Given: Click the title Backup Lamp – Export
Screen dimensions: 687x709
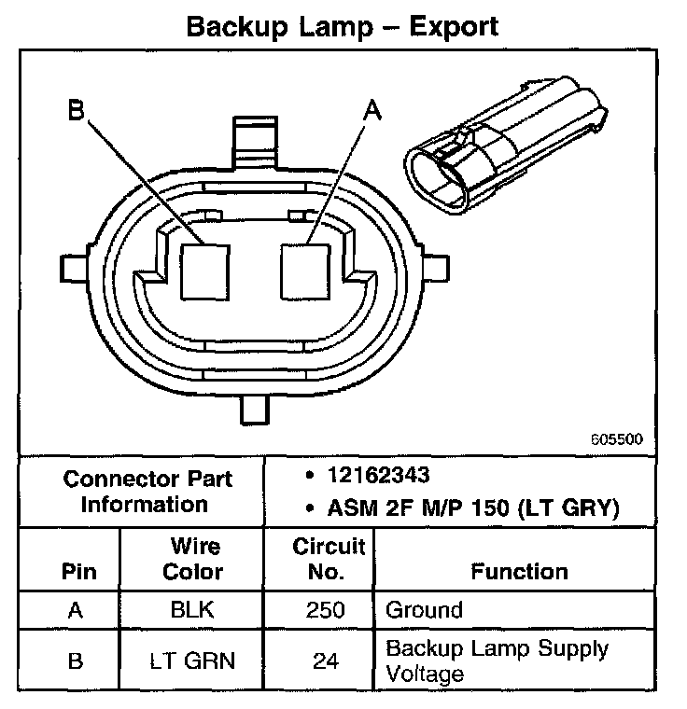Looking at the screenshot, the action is tap(343, 25).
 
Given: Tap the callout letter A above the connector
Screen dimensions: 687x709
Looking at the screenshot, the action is tap(371, 111).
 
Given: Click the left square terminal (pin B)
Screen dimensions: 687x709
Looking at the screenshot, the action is tap(204, 270).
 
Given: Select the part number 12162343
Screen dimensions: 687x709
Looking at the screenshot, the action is tap(378, 476).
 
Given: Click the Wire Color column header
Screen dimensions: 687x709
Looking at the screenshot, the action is tap(193, 558).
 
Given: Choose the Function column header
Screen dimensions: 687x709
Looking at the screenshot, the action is tap(519, 570).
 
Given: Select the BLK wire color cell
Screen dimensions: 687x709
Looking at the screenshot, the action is tap(193, 611).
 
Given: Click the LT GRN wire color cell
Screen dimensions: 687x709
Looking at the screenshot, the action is tap(193, 661).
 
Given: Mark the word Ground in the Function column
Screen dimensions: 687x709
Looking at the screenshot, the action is tap(424, 611).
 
